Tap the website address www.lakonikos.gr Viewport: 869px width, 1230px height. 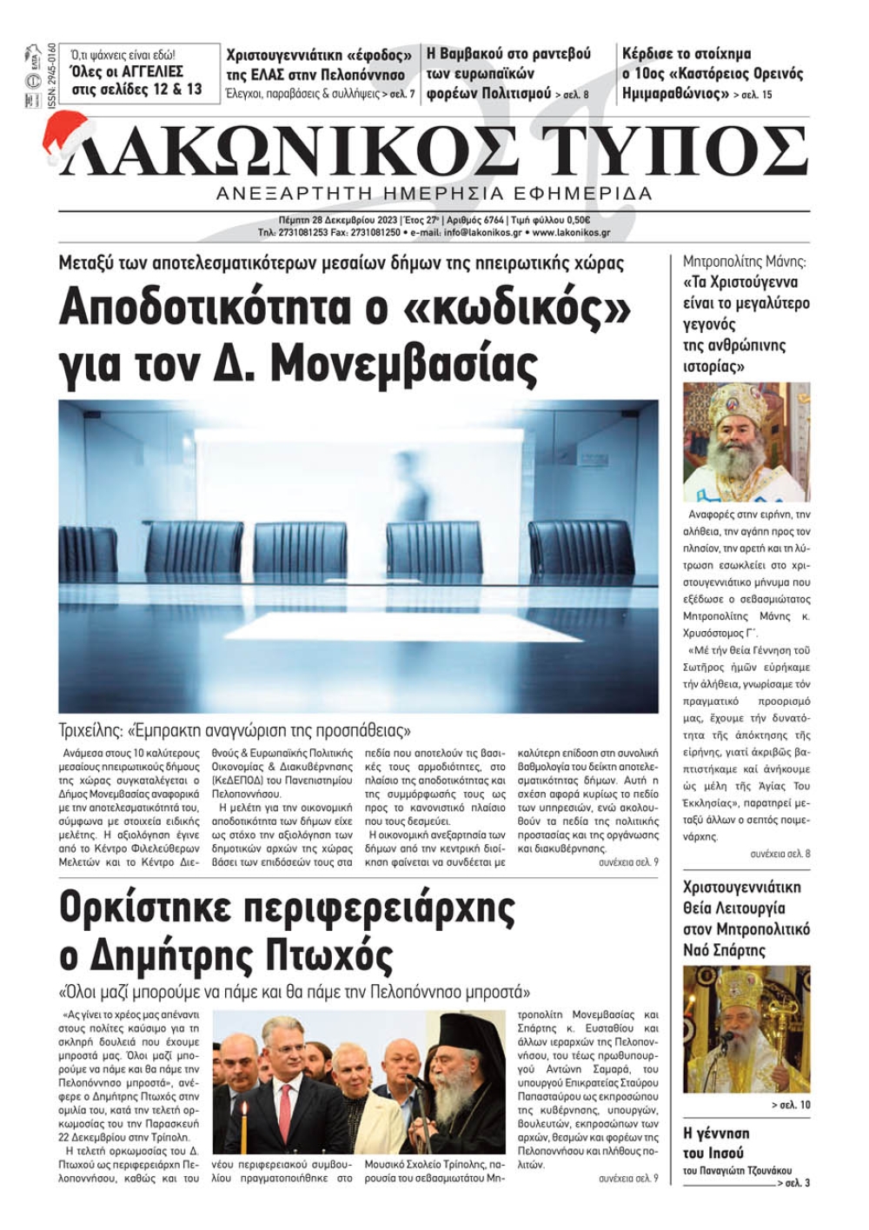[571, 233]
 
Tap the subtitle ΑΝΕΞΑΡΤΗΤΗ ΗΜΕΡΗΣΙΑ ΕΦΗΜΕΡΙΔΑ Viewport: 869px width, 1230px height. [434, 193]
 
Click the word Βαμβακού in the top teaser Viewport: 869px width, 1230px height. [477, 54]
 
